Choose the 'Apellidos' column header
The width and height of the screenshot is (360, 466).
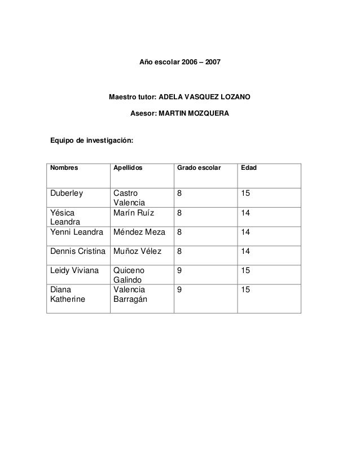[128, 168]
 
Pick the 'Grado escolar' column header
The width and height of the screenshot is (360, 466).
[199, 168]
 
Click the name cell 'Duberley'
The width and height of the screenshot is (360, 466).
[67, 194]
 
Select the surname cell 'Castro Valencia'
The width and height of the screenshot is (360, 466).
[129, 198]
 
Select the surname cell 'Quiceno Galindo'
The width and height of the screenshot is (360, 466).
[130, 275]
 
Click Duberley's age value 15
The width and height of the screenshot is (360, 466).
[245, 194]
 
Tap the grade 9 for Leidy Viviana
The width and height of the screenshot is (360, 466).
[179, 271]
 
